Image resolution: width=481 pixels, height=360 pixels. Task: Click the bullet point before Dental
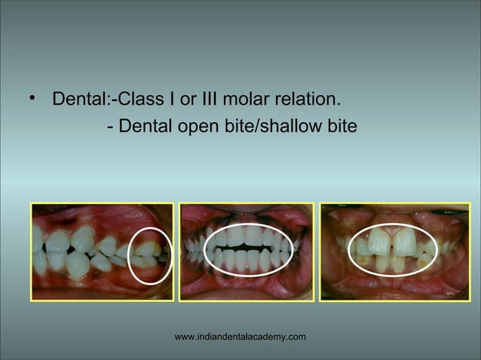31,99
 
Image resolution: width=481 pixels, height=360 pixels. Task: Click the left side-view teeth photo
103,252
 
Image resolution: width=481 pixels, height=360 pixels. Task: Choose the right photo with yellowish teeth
392,252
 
